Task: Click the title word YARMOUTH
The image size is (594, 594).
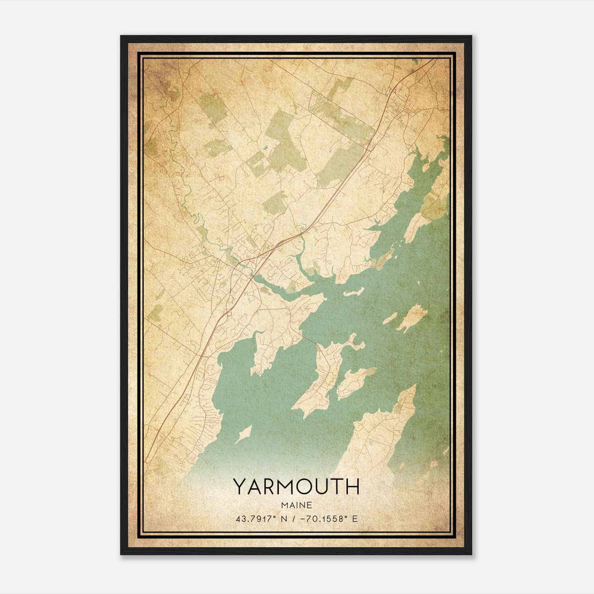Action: [x=296, y=486]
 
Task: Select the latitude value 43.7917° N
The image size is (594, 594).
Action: [x=260, y=519]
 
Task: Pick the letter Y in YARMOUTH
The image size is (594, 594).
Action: [x=239, y=486]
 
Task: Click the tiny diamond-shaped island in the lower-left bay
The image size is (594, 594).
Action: [x=244, y=433]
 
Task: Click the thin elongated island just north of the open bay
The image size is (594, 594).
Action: [x=353, y=293]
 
